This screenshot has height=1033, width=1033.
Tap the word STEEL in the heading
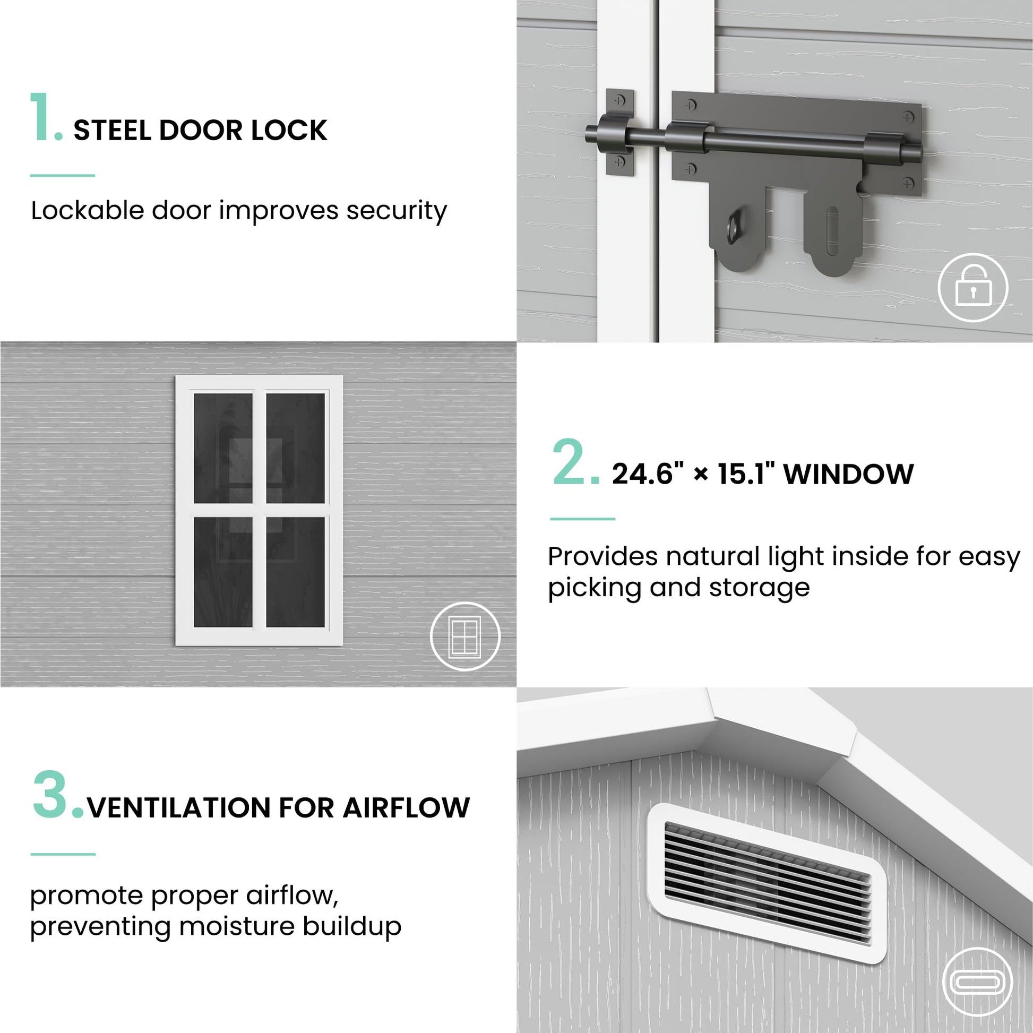pos(112,131)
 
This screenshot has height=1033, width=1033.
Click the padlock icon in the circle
pos(972,287)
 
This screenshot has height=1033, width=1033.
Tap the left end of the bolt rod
pos(588,133)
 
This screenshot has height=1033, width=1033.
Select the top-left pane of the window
pos(223,448)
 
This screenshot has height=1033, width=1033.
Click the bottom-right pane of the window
pos(295,572)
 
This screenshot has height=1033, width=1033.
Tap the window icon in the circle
pos(464,636)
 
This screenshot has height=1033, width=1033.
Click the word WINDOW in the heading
pos(848,474)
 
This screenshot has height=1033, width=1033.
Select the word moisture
pos(236,926)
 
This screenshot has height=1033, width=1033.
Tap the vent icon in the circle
pos(977,982)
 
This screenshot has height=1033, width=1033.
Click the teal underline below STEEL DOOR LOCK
pos(63,175)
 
